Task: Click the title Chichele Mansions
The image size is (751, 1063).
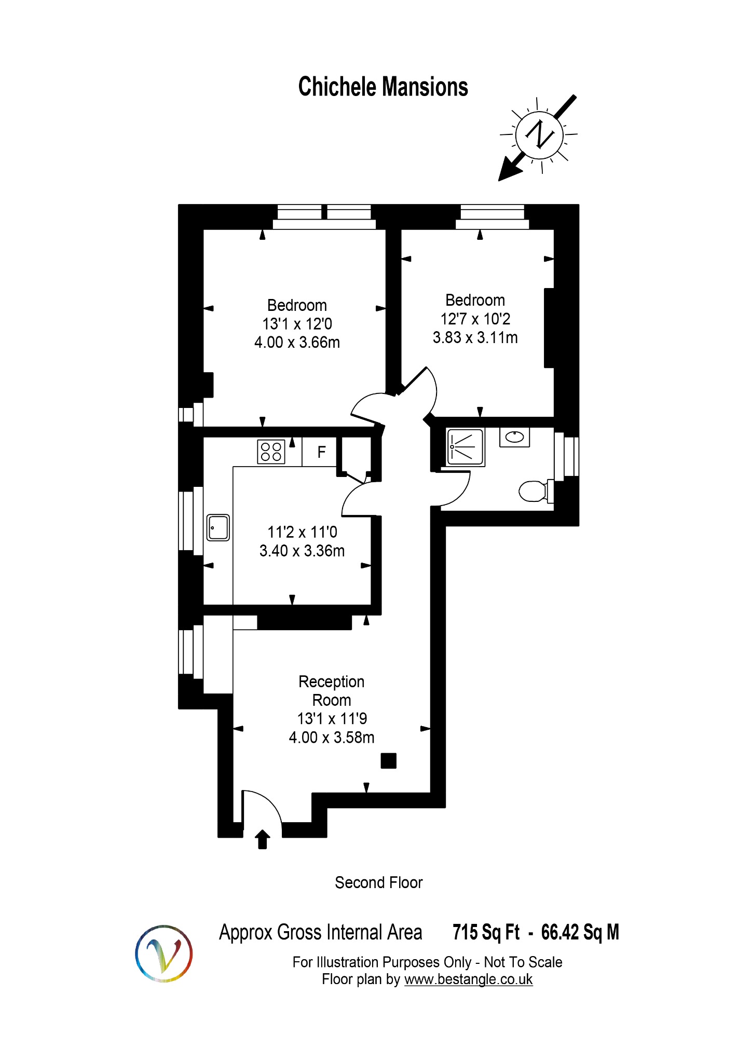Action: pyautogui.click(x=383, y=87)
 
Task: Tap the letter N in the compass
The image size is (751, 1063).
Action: pyautogui.click(x=540, y=134)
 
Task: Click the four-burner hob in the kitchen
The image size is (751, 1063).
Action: pyautogui.click(x=271, y=452)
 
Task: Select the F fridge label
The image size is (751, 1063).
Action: pyautogui.click(x=321, y=452)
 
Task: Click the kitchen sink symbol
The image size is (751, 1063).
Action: pyautogui.click(x=218, y=527)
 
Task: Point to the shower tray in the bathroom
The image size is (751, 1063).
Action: pyautogui.click(x=466, y=446)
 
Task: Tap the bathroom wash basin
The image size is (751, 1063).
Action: pyautogui.click(x=514, y=437)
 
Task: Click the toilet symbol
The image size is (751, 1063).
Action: pyautogui.click(x=534, y=491)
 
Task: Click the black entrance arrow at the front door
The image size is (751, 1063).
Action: pyautogui.click(x=263, y=838)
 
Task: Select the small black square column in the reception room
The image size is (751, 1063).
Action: pyautogui.click(x=388, y=761)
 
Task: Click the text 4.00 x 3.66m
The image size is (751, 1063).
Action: pyautogui.click(x=297, y=343)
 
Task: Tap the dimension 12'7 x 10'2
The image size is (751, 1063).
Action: pyautogui.click(x=475, y=319)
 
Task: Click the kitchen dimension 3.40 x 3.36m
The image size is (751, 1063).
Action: pyautogui.click(x=302, y=551)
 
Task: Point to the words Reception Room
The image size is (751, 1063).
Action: pyautogui.click(x=331, y=690)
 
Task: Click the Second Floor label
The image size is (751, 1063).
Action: pyautogui.click(x=378, y=882)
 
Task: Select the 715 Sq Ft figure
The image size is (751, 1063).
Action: pyautogui.click(x=485, y=932)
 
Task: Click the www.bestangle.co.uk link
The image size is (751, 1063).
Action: pyautogui.click(x=468, y=979)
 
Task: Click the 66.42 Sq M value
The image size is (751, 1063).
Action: pyautogui.click(x=580, y=932)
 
